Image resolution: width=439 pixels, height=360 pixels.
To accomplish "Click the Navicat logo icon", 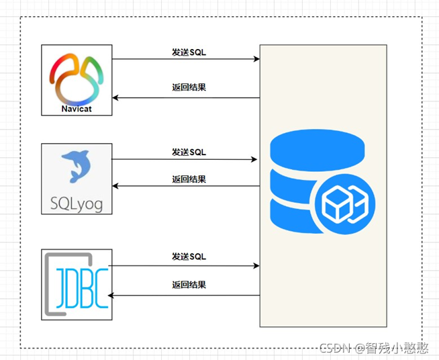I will tap(77, 76).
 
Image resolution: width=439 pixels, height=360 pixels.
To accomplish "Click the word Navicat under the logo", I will tap(77, 107).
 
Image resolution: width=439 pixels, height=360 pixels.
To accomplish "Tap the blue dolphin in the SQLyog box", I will tap(76, 167).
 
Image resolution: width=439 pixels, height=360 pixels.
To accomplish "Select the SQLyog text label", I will tap(77, 203).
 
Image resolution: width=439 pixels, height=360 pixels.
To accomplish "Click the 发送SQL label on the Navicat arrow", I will tap(189, 52).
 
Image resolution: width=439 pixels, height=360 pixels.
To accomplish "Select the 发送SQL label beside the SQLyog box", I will tap(189, 152).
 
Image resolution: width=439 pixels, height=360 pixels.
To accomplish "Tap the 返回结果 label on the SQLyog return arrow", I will tap(189, 179).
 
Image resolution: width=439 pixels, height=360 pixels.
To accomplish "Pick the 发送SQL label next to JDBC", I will tap(189, 257).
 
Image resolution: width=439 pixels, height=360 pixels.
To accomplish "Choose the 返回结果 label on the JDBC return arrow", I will tap(189, 285).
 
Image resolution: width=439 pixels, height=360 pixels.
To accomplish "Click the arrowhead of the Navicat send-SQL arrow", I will tap(256, 59).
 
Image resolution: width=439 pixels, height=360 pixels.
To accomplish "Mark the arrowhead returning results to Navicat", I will tap(115, 98).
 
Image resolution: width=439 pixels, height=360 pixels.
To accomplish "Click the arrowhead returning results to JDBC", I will tap(112, 295).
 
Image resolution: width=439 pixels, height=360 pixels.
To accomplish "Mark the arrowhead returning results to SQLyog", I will tap(115, 185).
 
